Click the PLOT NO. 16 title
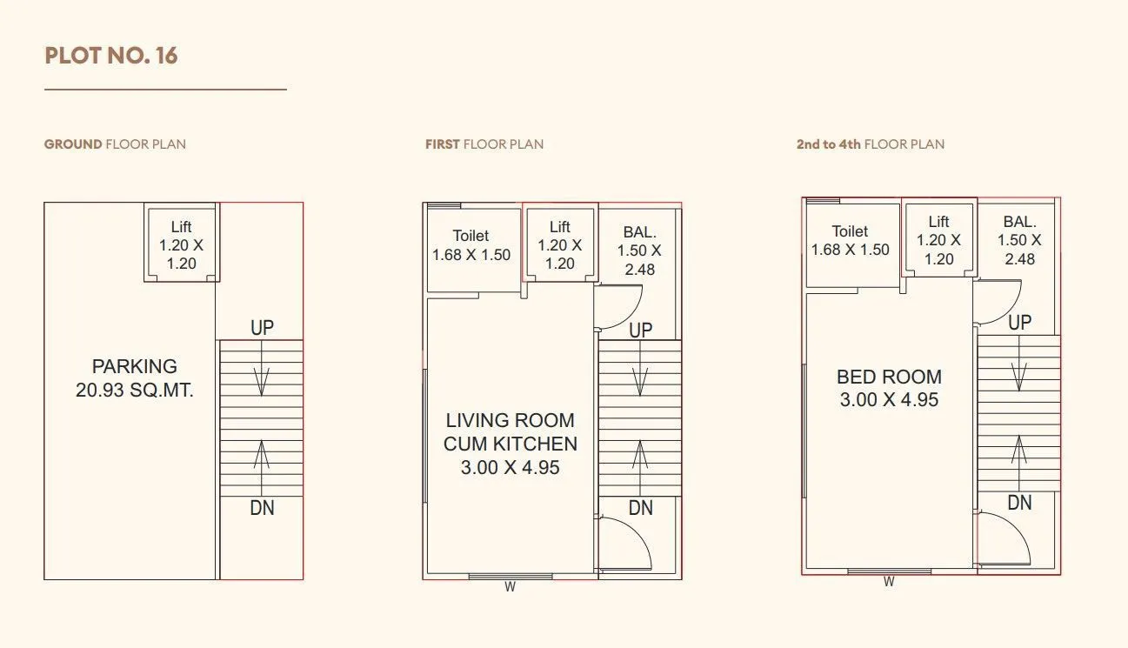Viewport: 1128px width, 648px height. (111, 56)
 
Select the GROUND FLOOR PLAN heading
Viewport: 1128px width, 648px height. (115, 144)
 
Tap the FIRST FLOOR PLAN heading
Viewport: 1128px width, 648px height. (484, 144)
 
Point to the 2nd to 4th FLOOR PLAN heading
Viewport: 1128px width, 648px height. (870, 144)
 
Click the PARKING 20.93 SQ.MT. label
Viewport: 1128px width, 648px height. (134, 378)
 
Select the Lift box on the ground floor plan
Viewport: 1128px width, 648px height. (181, 244)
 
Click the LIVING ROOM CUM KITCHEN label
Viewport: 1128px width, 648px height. (510, 444)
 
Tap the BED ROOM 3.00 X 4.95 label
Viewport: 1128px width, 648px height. (889, 388)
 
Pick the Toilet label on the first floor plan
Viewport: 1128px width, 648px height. (471, 245)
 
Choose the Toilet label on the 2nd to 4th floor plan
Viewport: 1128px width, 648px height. (850, 241)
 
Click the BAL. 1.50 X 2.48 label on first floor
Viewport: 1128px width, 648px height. (639, 251)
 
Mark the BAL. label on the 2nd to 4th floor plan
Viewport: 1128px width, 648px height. (1019, 240)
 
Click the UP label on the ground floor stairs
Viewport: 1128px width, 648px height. (262, 328)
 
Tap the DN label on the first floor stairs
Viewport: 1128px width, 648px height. (641, 508)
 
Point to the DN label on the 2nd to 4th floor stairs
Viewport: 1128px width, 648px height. (1019, 503)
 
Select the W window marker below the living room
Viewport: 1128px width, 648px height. (511, 587)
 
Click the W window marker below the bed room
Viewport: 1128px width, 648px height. (889, 582)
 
